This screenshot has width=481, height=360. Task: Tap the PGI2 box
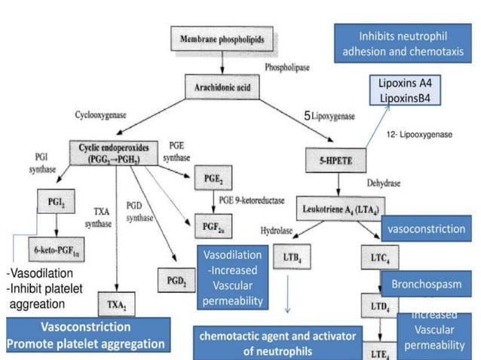(x=54, y=202)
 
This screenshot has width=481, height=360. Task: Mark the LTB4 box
(x=290, y=257)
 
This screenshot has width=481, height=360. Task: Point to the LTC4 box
(x=378, y=257)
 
